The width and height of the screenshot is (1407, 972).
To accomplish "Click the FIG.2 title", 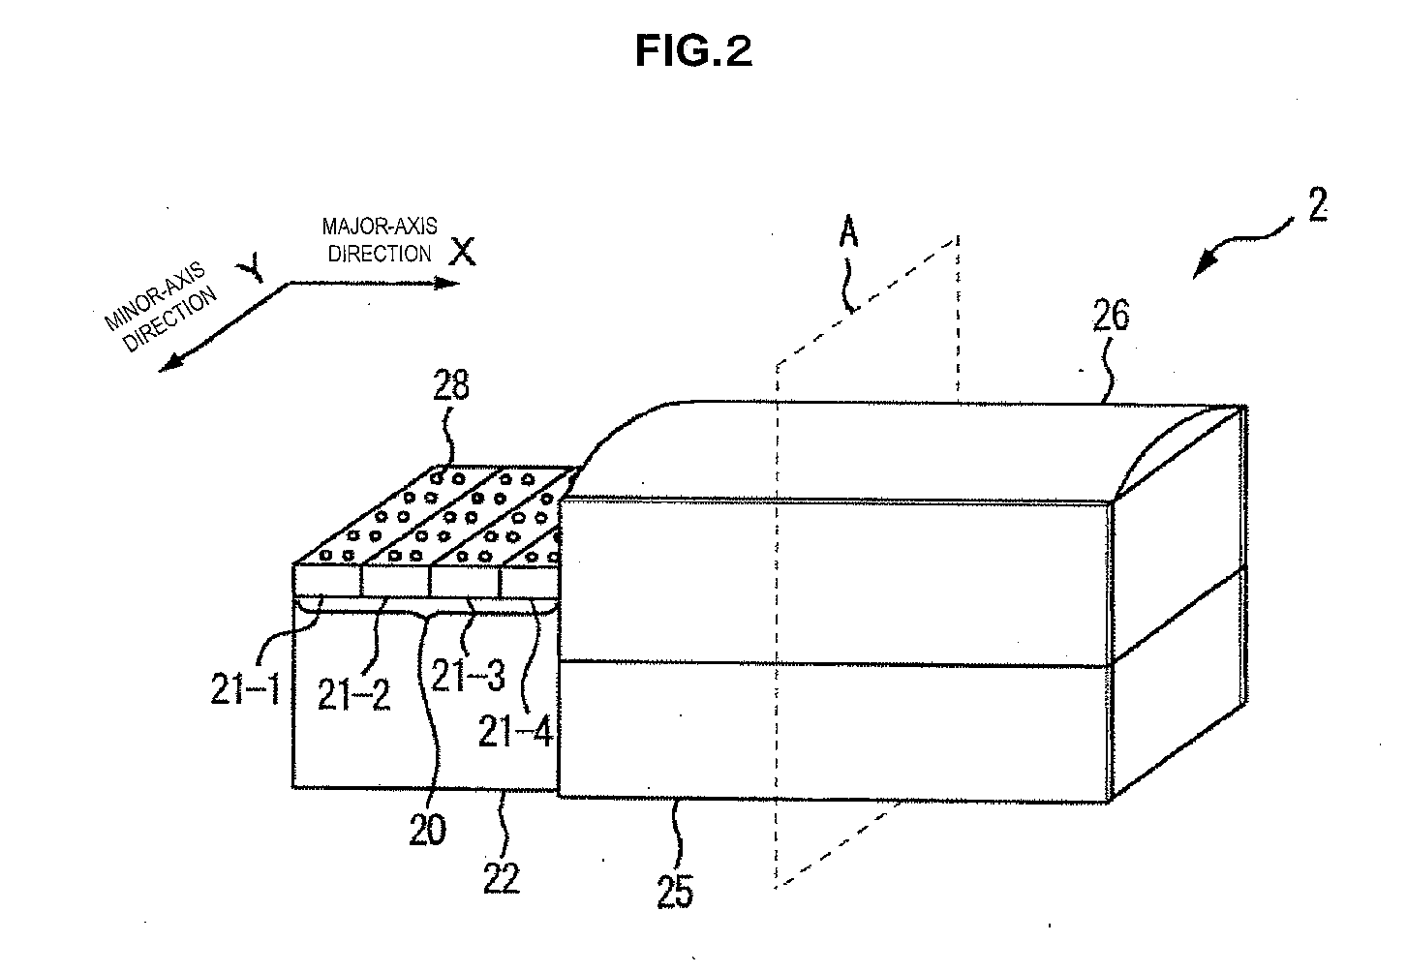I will (x=693, y=52).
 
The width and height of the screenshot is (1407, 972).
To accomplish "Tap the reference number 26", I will (x=1110, y=317).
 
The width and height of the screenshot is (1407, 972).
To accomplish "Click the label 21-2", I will (x=355, y=693).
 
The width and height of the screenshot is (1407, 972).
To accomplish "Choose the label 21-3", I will (x=468, y=675).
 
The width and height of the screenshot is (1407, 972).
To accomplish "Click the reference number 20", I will (x=427, y=829).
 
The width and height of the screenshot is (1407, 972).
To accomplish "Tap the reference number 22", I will (x=502, y=877).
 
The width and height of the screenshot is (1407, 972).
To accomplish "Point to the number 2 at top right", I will (x=1317, y=206).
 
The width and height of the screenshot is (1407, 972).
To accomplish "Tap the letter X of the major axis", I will (x=464, y=253).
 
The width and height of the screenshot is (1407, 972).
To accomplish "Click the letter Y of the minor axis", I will (x=254, y=270).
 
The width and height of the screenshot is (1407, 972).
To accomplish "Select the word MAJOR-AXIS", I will (x=380, y=228).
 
